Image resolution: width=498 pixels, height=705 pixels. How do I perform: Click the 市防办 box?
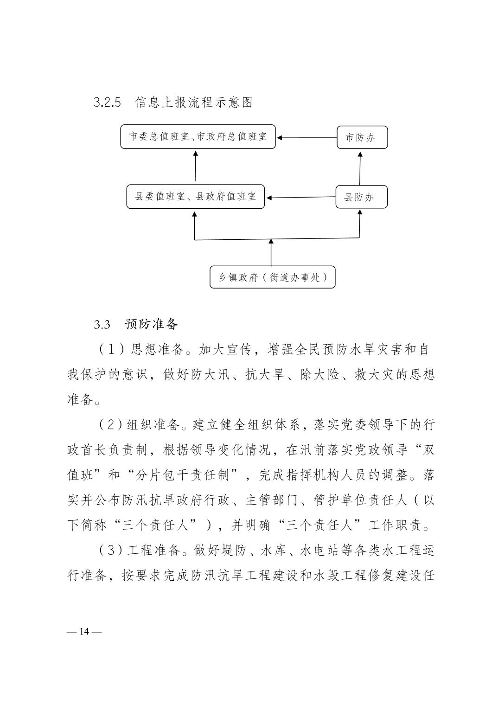362,137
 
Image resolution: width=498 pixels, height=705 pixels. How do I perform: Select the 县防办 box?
362,197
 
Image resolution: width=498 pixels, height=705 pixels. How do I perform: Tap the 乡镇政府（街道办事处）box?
273,277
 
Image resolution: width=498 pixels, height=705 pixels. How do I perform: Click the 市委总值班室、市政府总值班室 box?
198,136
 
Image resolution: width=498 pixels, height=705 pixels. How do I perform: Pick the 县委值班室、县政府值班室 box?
195,197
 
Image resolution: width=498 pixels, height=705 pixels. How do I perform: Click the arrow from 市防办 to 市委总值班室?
306,138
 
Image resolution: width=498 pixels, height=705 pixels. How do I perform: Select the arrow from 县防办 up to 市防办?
360,169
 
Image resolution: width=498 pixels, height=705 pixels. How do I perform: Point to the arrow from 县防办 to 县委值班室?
301,197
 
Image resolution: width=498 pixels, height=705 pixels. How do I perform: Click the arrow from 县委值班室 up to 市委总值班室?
195,166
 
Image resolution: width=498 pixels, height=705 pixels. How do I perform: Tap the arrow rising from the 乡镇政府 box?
271,252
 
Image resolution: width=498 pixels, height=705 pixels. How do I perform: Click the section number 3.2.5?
107,103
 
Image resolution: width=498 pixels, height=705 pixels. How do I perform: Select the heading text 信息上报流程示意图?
194,103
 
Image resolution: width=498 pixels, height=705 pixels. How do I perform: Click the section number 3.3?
102,325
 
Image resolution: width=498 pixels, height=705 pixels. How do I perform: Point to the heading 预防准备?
152,324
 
